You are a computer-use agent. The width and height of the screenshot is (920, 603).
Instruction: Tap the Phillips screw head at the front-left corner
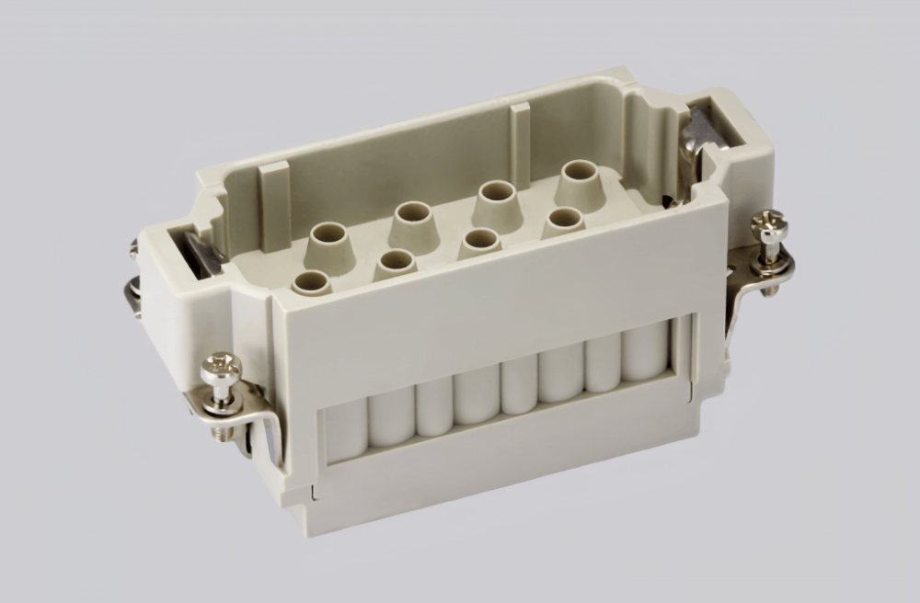(x=222, y=369)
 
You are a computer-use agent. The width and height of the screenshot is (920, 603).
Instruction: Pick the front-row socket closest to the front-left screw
(x=312, y=281)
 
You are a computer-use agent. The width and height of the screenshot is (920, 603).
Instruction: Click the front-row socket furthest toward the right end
(x=564, y=220)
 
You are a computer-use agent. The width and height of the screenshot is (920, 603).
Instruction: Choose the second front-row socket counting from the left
(x=397, y=262)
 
